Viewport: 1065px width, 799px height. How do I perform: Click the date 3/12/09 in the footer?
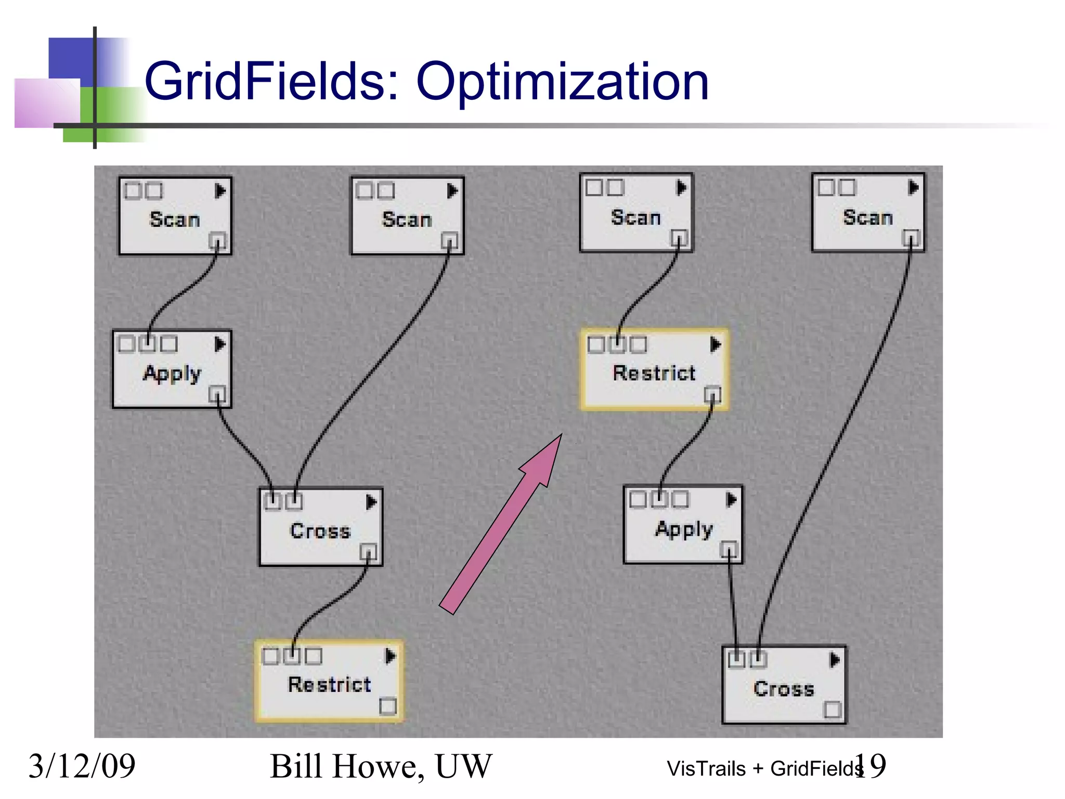tap(82, 766)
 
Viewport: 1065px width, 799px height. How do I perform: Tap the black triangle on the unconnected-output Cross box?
tap(835, 660)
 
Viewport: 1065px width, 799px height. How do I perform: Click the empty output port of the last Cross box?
tap(833, 710)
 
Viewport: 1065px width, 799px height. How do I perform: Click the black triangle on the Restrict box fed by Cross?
tap(391, 655)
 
